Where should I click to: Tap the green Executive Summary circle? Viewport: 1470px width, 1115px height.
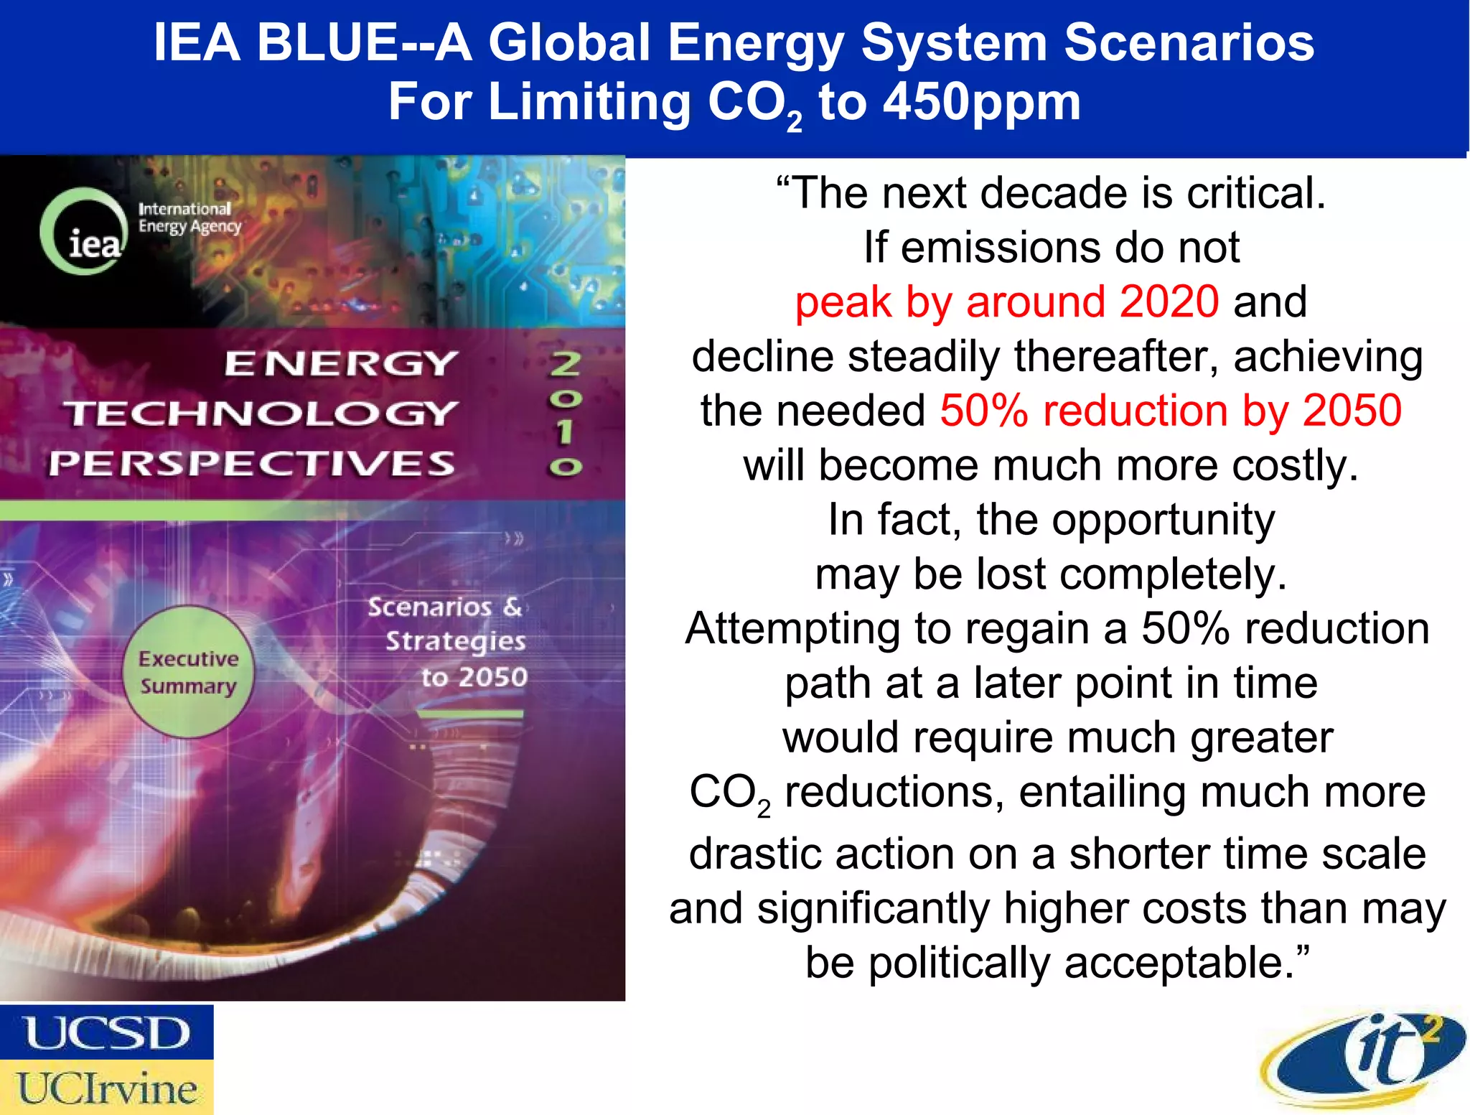[188, 672]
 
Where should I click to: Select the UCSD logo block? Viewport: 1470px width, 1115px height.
[107, 1032]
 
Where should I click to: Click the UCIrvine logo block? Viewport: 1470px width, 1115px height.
[107, 1087]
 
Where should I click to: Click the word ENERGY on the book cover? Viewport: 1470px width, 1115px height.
[341, 363]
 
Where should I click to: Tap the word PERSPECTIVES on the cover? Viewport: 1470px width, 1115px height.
[252, 463]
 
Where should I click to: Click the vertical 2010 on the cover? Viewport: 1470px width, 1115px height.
[566, 415]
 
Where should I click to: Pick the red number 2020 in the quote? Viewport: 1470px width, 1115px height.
[1169, 302]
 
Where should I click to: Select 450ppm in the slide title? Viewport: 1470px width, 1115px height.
[981, 102]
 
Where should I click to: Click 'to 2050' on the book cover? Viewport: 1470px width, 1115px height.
[474, 676]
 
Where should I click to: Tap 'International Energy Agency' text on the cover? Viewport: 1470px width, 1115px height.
[189, 218]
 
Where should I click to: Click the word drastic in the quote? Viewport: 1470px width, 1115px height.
[749, 854]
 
